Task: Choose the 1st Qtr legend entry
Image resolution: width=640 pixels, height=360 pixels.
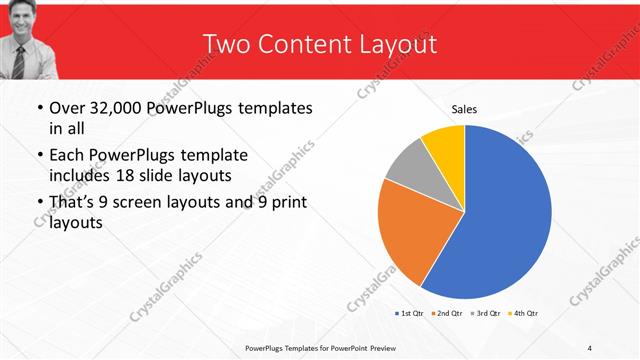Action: pyautogui.click(x=409, y=313)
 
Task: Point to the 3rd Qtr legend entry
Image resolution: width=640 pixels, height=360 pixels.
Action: pyautogui.click(x=485, y=313)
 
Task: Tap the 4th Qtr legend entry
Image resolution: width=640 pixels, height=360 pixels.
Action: pyautogui.click(x=523, y=313)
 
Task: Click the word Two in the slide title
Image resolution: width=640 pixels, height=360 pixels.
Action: pyautogui.click(x=224, y=45)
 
